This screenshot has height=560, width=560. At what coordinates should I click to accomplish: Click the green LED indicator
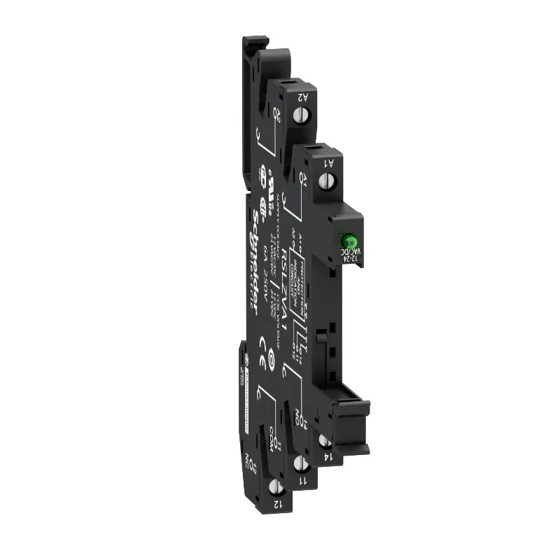pos(345,239)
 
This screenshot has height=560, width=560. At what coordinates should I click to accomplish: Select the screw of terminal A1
pos(325,181)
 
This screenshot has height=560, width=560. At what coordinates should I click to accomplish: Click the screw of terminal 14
pos(325,440)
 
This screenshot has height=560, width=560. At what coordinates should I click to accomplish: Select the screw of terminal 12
pos(278,486)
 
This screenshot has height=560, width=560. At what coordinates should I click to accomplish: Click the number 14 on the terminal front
pos(327,456)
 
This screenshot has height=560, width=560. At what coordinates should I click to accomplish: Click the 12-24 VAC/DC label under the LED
pos(345,255)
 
